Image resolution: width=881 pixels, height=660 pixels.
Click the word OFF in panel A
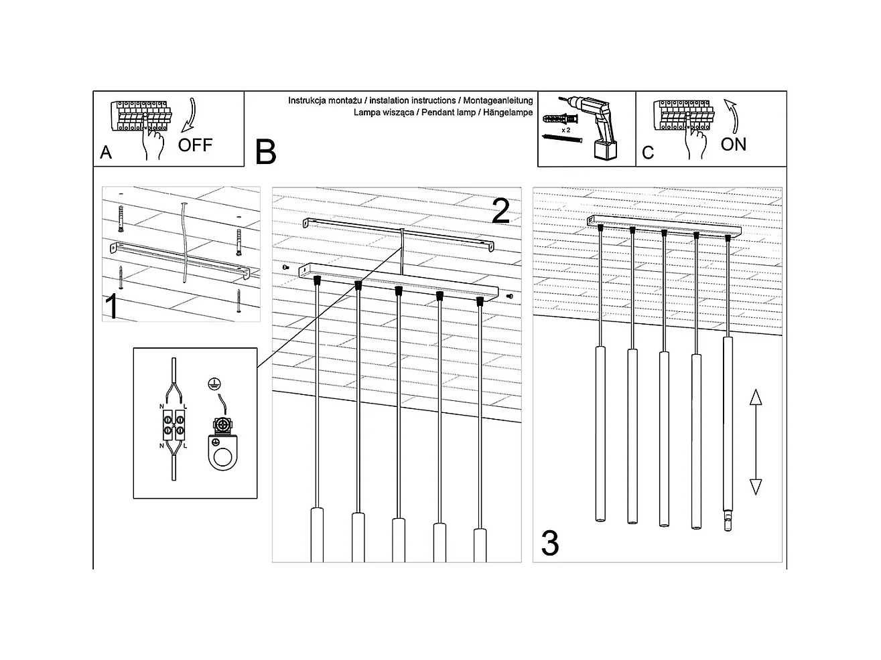click(195, 145)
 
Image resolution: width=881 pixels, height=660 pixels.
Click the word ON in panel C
click(733, 144)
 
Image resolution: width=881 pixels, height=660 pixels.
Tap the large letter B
click(265, 152)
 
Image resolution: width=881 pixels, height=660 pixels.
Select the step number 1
click(113, 307)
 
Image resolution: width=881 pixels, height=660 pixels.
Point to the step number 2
click(500, 211)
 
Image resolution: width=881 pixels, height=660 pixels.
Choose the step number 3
click(549, 544)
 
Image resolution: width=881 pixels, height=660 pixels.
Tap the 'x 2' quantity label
click(565, 129)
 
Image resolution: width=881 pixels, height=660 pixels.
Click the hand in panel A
click(154, 144)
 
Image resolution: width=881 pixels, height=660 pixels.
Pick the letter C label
click(647, 153)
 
